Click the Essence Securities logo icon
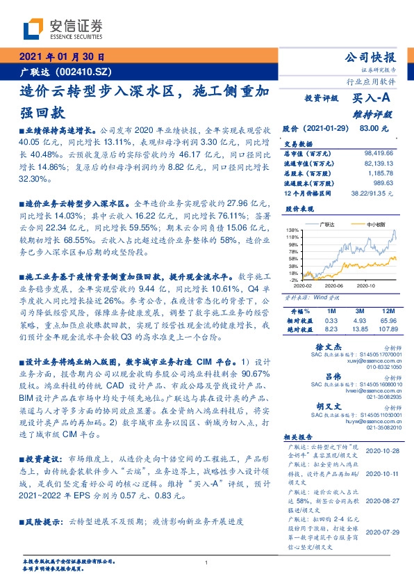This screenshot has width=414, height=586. [x=32, y=28]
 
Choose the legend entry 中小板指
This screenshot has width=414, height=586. [x=376, y=225]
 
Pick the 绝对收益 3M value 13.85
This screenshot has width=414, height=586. [x=354, y=327]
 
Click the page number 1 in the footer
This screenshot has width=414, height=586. [x=207, y=563]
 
